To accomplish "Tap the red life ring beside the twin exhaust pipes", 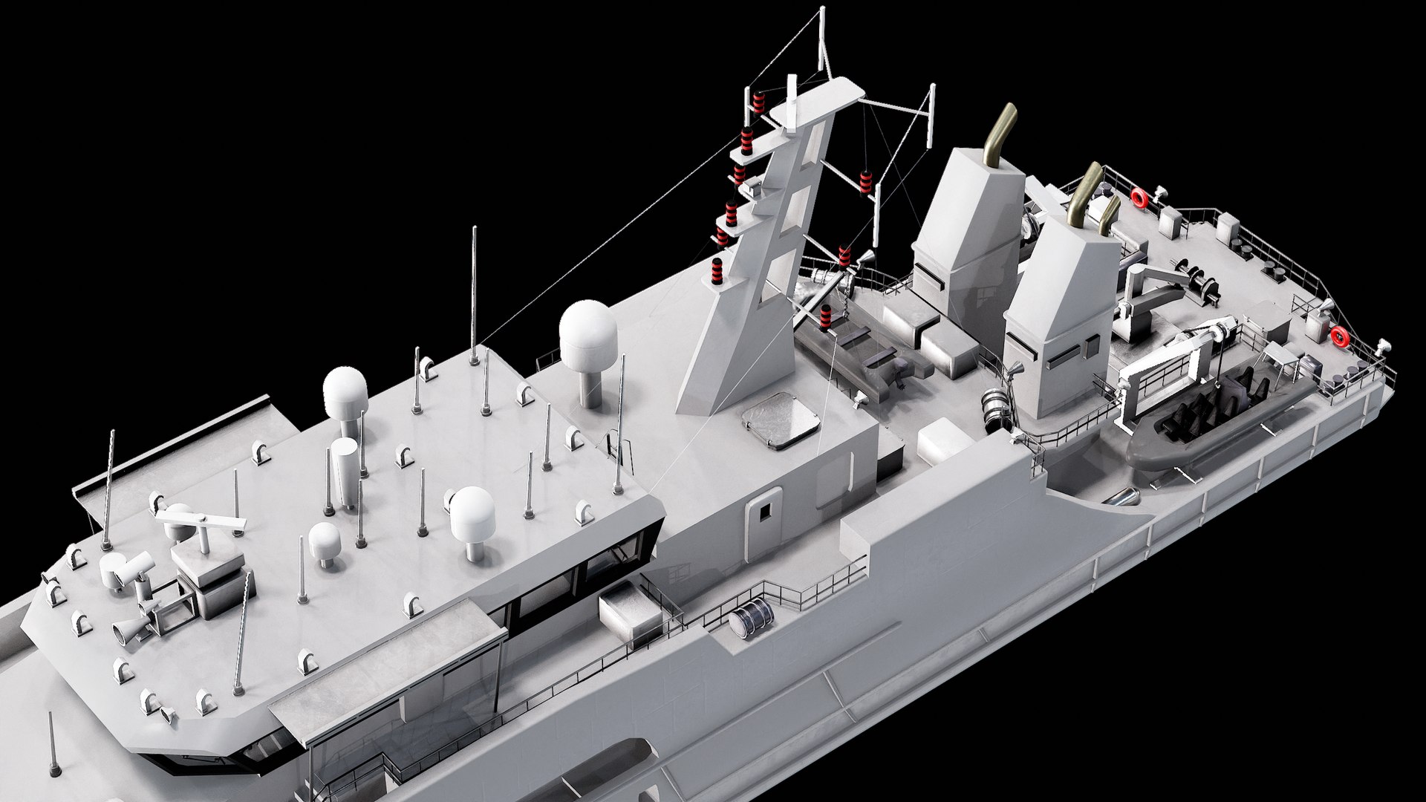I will point(1139,197).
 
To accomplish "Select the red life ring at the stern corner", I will point(1339,336).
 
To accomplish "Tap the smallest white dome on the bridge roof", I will point(325,540).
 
